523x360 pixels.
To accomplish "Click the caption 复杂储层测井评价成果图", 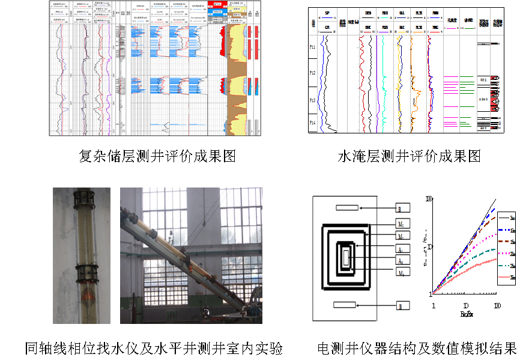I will (157, 156).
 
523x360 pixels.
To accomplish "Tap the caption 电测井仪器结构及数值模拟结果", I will (417, 348).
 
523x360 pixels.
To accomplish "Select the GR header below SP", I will (327, 28).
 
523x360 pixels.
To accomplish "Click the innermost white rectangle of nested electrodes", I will (345, 257).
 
